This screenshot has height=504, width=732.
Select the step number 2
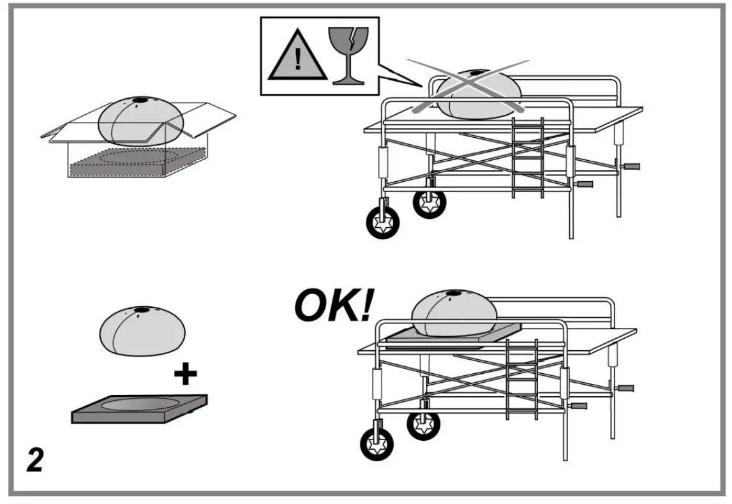[x=34, y=459]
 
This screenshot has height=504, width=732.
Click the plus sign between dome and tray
[x=185, y=374]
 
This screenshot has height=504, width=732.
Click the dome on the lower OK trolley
[x=454, y=315]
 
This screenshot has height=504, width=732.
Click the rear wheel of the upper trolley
[x=429, y=202]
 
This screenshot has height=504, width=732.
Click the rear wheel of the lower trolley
[x=422, y=423]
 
